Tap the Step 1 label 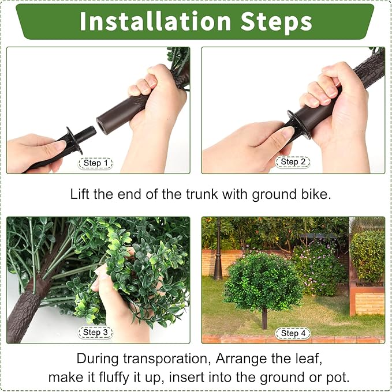click(x=95, y=163)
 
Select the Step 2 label click(x=293, y=162)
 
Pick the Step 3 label click(x=95, y=333)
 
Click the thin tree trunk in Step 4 click(x=264, y=318)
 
